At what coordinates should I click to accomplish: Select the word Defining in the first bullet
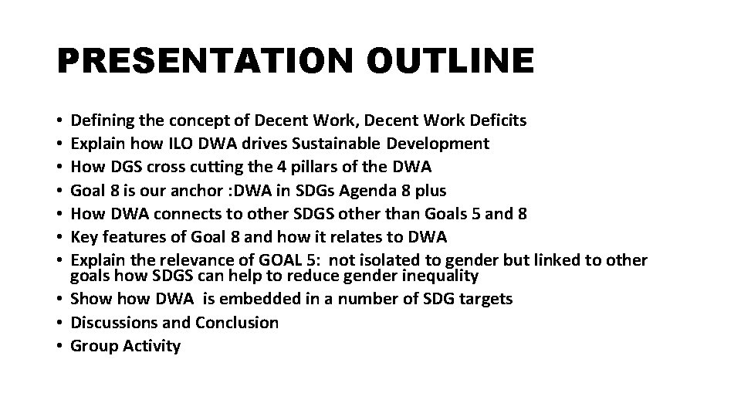(100, 120)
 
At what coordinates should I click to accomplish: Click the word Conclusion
(237, 323)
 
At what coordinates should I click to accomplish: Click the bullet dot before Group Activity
(60, 347)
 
